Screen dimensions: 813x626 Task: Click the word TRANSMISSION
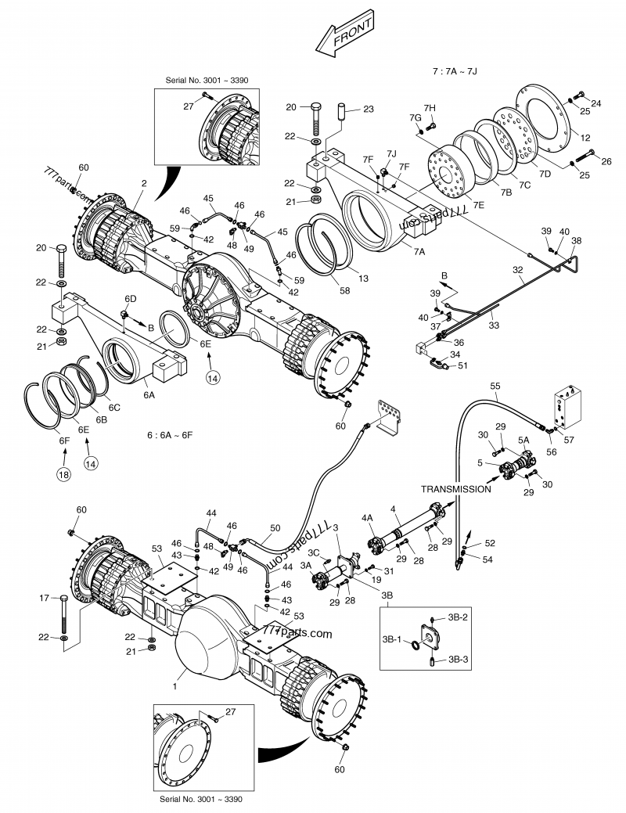pyautogui.click(x=455, y=488)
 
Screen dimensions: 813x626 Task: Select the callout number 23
pyautogui.click(x=368, y=109)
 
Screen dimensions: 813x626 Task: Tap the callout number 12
pyautogui.click(x=585, y=137)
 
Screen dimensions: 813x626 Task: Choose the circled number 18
pyautogui.click(x=62, y=474)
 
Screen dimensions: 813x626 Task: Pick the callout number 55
pyautogui.click(x=495, y=387)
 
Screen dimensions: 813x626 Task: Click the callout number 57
pyautogui.click(x=568, y=441)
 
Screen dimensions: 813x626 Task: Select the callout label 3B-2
pyautogui.click(x=459, y=618)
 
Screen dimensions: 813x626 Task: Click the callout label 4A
pyautogui.click(x=367, y=516)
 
